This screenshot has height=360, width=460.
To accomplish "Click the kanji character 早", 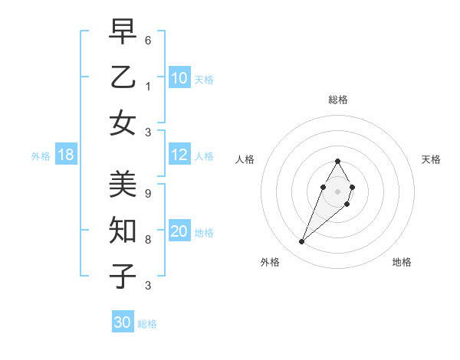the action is click(123, 31).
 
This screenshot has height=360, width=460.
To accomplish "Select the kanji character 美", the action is click(123, 185).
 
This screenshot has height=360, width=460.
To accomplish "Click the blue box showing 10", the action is click(179, 78).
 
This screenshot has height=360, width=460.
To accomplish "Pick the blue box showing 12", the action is click(179, 155).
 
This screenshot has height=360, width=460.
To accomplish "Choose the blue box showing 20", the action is click(179, 232).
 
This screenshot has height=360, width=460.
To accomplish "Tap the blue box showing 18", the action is click(66, 155).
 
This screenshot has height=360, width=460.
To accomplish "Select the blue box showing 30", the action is click(123, 322).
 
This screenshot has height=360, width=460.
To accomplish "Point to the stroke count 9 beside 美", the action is click(148, 194).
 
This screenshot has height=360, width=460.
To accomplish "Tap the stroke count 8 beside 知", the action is click(148, 239).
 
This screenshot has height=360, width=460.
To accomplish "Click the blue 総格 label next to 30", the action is click(147, 324).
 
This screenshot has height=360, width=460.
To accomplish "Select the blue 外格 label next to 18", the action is click(41, 156).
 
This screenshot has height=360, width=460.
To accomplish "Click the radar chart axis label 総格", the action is click(338, 100).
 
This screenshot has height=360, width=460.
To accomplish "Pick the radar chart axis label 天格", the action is click(431, 159).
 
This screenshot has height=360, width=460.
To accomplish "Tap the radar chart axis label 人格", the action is click(245, 159).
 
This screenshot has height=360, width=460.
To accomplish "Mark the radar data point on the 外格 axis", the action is click(301, 242).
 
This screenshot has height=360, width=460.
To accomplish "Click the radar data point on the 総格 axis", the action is click(338, 161).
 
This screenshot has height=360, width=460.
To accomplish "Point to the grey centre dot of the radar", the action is click(338, 191).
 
